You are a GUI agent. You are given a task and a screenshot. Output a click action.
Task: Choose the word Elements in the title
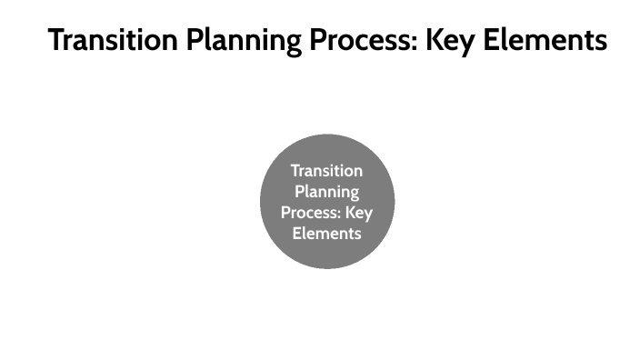coord(550,40)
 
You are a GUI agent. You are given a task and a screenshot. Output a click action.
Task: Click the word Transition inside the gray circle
coord(326,171)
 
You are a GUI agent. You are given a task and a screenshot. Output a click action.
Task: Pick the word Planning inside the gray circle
coord(326,192)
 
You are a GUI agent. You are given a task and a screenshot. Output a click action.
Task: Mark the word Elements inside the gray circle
coord(326,234)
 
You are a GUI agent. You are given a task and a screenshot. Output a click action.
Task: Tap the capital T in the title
coord(57,40)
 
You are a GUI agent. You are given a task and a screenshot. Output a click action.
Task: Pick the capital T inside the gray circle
coord(295,171)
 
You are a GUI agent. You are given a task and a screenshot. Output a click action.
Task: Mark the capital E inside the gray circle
coord(296,234)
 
